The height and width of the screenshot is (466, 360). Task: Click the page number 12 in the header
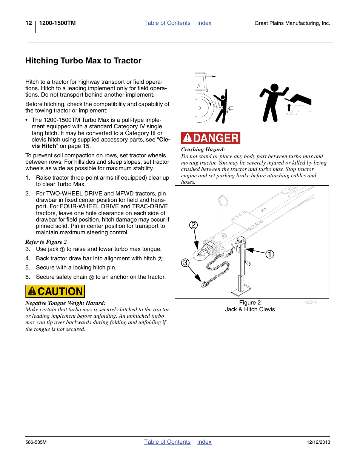29,23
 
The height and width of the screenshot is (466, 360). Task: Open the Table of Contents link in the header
167,23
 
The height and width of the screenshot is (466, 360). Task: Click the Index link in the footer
204,442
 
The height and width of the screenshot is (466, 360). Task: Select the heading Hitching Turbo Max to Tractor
83,61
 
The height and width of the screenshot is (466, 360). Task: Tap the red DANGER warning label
211,138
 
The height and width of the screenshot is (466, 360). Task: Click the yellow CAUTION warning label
55,291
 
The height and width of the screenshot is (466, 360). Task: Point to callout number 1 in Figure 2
269,254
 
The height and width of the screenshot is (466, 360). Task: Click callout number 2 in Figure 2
194,225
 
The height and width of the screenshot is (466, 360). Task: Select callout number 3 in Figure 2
185,263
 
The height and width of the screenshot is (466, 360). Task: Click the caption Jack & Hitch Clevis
250,309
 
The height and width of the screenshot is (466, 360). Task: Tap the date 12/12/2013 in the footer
318,442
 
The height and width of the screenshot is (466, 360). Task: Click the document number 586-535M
36,442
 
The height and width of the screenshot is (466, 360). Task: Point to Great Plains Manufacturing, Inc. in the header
292,23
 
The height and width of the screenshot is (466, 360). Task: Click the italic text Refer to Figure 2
46,242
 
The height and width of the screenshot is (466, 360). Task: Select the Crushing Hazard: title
203,149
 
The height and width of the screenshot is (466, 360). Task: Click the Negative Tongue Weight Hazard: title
65,303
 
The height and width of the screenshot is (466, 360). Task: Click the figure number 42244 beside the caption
311,302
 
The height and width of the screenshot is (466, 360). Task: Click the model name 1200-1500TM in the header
57,23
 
